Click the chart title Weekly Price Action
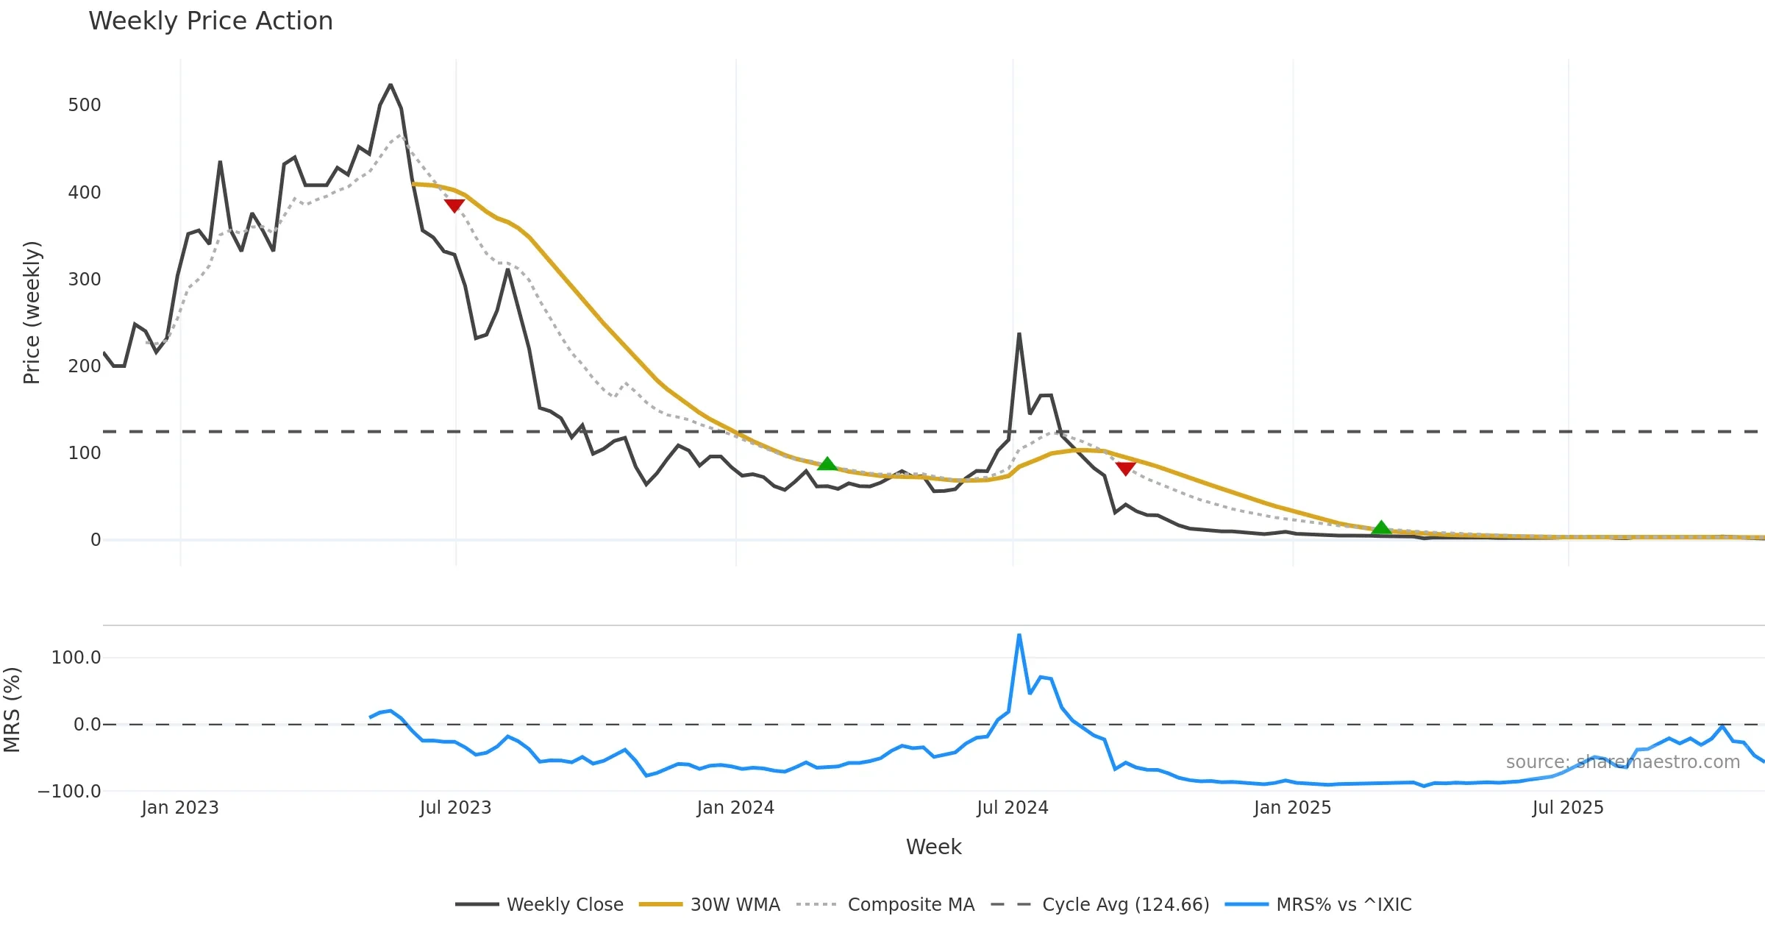(210, 21)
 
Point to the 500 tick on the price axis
(85, 105)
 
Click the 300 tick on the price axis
(85, 280)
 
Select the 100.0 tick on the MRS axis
(76, 658)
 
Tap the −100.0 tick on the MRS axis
(70, 792)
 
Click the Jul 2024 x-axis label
(1012, 808)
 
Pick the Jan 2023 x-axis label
(180, 808)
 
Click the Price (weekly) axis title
(32, 313)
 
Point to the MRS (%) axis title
(13, 710)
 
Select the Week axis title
(933, 847)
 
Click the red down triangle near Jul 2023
(454, 205)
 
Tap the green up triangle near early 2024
(827, 464)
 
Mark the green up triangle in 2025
(1381, 528)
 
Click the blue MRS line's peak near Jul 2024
(1019, 635)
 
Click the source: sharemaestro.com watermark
(1622, 762)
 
